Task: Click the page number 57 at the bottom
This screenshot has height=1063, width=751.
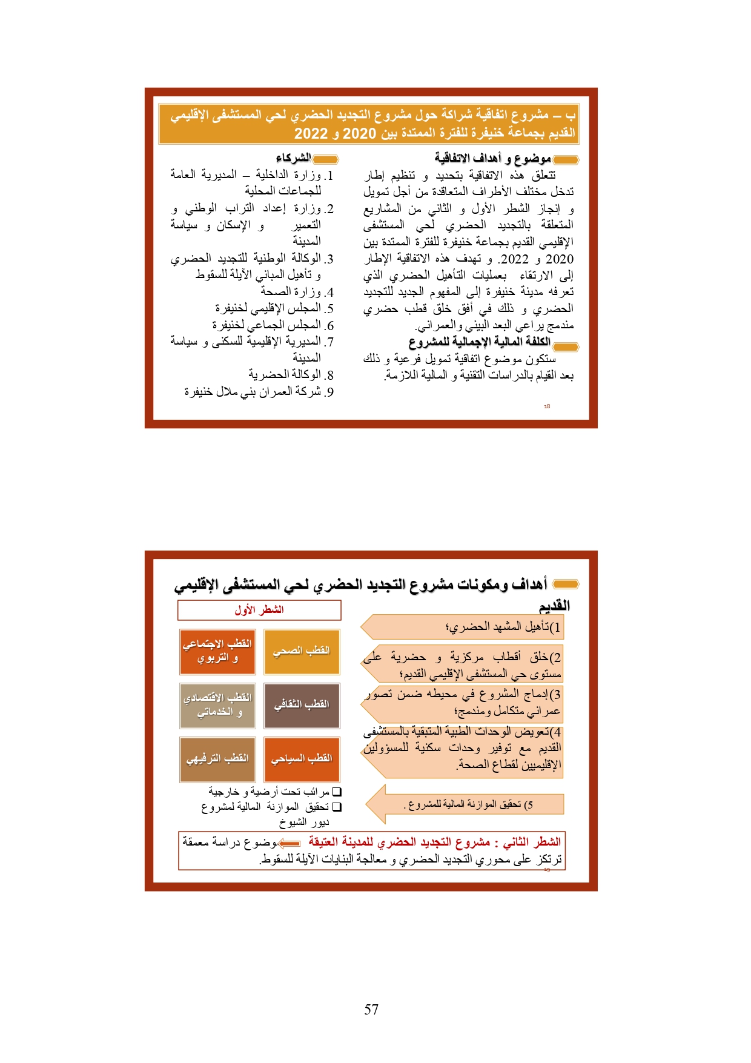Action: click(x=371, y=1009)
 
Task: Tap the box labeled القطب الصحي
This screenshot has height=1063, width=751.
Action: click(x=302, y=652)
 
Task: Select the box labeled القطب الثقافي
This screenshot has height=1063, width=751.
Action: click(x=302, y=705)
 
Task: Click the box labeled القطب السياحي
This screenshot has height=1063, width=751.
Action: click(x=302, y=759)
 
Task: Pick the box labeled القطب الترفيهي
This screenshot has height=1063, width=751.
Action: click(x=217, y=759)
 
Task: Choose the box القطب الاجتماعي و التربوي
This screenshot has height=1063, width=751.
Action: click(x=217, y=652)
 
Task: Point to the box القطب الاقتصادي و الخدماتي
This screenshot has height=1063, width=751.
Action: click(x=217, y=705)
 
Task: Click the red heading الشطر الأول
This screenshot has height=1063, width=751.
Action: click(x=259, y=610)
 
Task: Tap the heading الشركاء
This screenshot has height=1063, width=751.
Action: click(x=293, y=159)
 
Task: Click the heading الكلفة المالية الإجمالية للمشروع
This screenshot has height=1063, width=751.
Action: click(x=479, y=342)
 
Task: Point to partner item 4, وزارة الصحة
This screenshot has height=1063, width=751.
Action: click(x=297, y=293)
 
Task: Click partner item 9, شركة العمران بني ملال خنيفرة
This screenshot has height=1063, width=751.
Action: click(x=259, y=392)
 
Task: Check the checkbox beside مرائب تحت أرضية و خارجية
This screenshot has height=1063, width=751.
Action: click(x=337, y=792)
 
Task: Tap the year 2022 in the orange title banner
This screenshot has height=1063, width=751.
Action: click(x=311, y=134)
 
